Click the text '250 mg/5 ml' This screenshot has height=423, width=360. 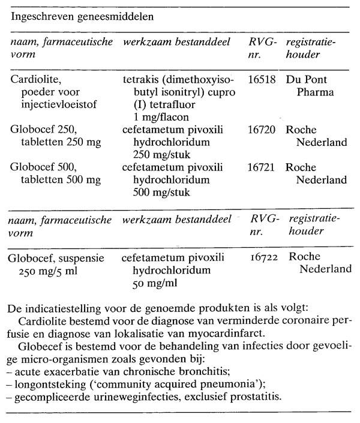coord(51,271)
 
